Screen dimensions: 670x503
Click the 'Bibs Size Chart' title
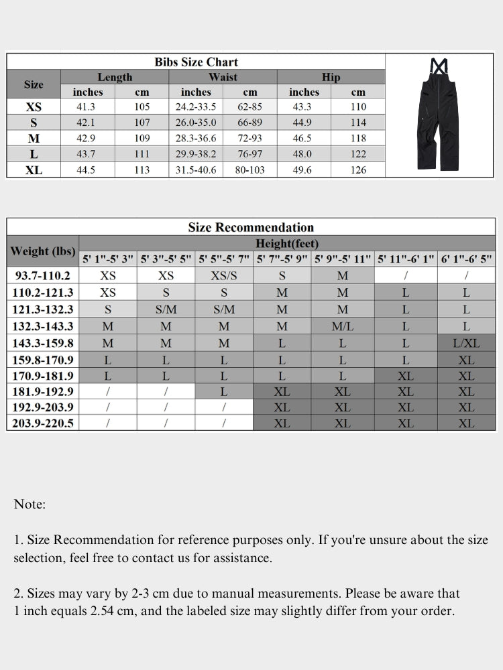coord(196,62)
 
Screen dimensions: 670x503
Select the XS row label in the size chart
coord(34,107)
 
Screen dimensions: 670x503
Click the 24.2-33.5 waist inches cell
coord(196,107)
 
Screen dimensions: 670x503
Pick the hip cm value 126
coord(358,170)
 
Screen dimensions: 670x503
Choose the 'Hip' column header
coord(331,77)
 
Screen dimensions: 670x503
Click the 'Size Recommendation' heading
coord(251,227)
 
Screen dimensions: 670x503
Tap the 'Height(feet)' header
coord(287,243)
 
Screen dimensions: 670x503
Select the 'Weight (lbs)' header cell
coord(42,251)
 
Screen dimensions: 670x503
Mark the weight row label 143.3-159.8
coord(43,343)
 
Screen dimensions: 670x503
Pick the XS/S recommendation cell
coord(224,275)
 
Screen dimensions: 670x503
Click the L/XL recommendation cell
coord(466,343)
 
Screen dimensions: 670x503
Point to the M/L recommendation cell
coord(342,327)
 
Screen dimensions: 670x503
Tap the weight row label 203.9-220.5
coord(43,423)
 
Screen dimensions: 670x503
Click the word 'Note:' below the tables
coord(30,505)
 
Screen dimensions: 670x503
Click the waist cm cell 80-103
coord(249,170)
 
